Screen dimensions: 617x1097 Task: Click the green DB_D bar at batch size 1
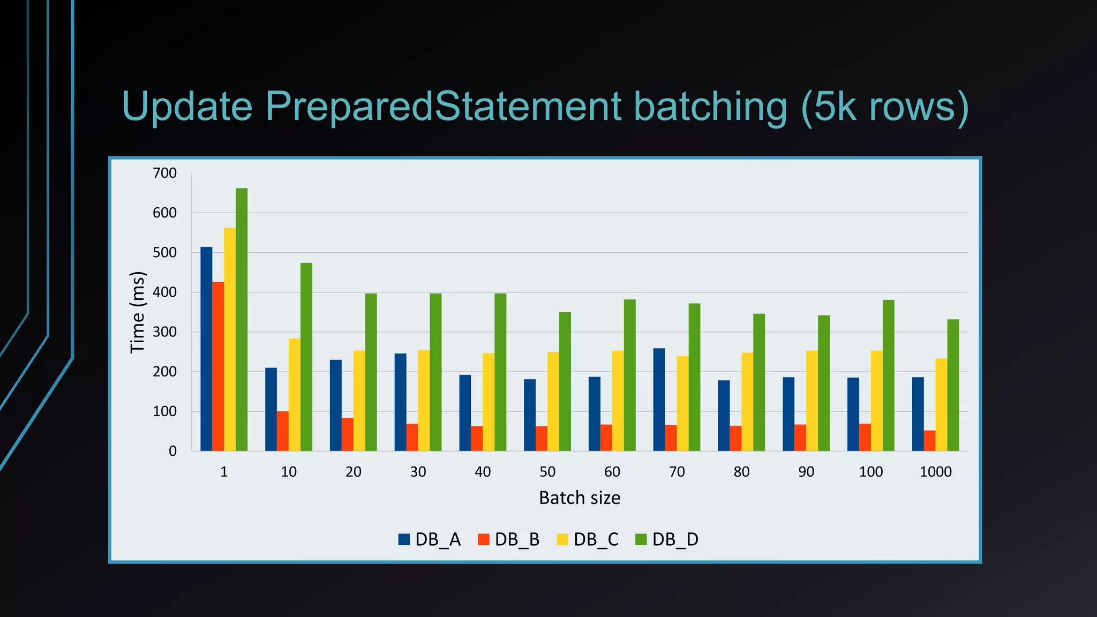[x=242, y=319]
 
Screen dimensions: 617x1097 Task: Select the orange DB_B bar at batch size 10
[x=283, y=431]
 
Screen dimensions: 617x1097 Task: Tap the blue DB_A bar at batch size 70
[x=659, y=400]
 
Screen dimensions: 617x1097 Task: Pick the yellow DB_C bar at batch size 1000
[x=941, y=404]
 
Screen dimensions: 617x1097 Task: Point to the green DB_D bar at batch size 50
[x=565, y=381]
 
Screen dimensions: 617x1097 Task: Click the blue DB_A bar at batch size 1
[x=206, y=349]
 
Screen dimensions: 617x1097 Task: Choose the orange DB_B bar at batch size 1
[x=218, y=366]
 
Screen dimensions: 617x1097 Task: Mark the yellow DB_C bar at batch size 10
[x=295, y=395]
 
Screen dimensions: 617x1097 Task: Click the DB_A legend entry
[x=430, y=539]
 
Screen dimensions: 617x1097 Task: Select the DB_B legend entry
[x=509, y=539]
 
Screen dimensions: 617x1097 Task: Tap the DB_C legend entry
[x=588, y=539]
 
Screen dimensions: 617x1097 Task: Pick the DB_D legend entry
[x=667, y=539]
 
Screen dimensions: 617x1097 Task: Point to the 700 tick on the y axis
[x=164, y=173]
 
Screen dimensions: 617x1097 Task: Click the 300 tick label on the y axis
[x=164, y=332]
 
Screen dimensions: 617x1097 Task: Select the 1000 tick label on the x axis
[x=935, y=472]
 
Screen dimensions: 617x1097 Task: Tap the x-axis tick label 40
[x=483, y=472]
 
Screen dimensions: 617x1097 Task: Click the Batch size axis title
[x=580, y=498]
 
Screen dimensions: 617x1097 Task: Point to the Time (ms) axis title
[x=138, y=312]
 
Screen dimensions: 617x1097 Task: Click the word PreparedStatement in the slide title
[x=443, y=106]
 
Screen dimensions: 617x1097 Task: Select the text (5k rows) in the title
[x=885, y=106]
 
